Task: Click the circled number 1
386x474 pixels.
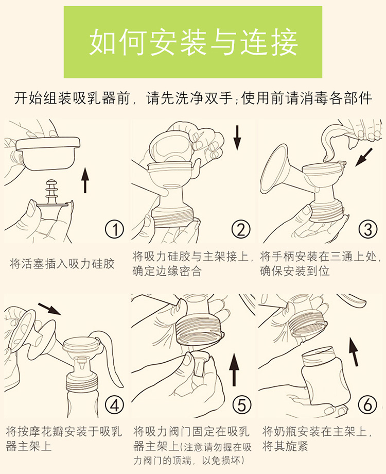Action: [114, 229]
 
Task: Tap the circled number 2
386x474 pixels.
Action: [241, 229]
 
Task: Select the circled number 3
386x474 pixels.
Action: [367, 229]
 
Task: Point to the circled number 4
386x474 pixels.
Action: [114, 405]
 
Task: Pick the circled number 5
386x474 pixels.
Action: [241, 405]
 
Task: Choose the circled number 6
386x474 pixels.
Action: [367, 405]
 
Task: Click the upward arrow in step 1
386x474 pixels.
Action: [85, 180]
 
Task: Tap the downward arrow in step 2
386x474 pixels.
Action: [237, 138]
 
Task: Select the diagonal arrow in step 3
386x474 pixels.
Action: [364, 157]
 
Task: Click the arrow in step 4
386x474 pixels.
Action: [49, 309]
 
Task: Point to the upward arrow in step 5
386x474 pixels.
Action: [234, 369]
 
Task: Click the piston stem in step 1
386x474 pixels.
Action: [51, 192]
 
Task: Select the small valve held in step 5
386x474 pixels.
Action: [200, 364]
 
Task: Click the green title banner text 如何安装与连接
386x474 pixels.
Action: [194, 42]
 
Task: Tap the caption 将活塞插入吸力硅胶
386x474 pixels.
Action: [62, 264]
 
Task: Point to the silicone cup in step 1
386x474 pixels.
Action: [48, 153]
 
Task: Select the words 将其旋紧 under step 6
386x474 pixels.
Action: [285, 446]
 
